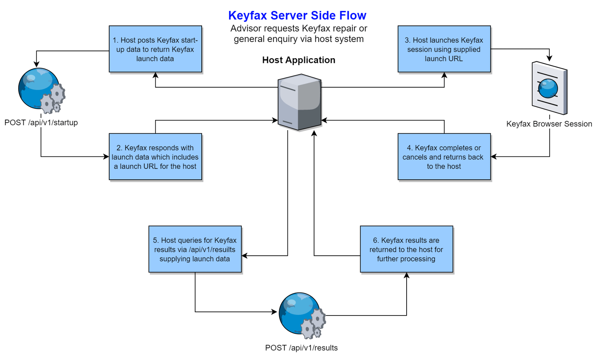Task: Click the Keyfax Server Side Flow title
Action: coord(297,15)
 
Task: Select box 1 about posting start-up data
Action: coord(155,49)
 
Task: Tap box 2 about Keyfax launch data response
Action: coord(155,157)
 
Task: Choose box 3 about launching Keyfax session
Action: coord(444,49)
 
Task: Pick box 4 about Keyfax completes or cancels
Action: coord(444,157)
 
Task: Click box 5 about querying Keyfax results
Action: coord(195,249)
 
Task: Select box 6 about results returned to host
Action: coord(407,249)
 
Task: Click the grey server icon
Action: coord(299,102)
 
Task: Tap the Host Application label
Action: coord(299,60)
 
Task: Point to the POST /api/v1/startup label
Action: coord(41,122)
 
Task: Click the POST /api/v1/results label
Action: coord(301,347)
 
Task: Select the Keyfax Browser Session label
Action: coord(549,124)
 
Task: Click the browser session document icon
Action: coord(550,88)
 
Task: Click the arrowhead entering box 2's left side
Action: coord(106,157)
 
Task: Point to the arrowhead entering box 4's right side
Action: coord(493,157)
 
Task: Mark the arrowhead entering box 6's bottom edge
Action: coord(407,276)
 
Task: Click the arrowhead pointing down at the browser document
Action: coord(550,58)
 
